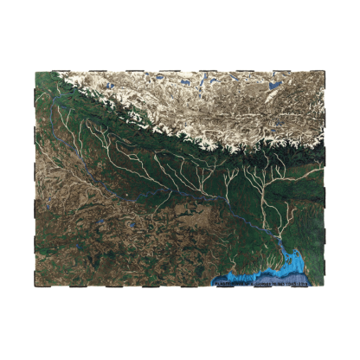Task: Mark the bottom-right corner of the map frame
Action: click(330, 286)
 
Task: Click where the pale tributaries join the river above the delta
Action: click(279, 232)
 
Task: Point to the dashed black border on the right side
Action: click(330, 173)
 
